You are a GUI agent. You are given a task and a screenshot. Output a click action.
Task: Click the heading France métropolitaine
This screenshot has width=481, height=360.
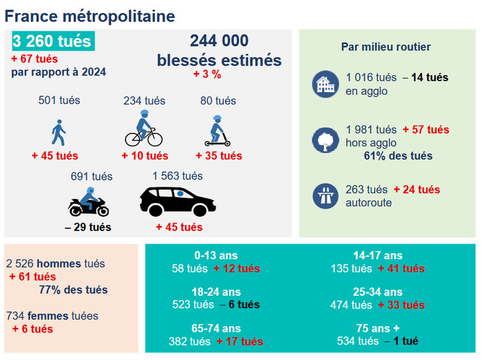[x=89, y=15]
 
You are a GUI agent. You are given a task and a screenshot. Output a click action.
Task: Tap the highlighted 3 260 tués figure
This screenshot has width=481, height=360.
[x=53, y=42]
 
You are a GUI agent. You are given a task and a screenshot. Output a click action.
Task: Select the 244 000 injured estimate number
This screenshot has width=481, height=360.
[x=219, y=41]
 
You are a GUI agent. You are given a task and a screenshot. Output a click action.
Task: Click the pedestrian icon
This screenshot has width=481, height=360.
[x=59, y=132]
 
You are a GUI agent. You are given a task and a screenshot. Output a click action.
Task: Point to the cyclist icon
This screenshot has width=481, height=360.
[x=143, y=129]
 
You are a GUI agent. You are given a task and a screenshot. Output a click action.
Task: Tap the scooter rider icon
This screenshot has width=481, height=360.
[x=218, y=130]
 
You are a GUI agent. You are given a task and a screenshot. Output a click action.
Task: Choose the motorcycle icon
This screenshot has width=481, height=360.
[x=89, y=202]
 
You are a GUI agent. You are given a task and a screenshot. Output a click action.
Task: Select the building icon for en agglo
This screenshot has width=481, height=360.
[x=325, y=84]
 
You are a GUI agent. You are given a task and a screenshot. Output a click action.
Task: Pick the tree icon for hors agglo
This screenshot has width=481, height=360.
[x=325, y=140]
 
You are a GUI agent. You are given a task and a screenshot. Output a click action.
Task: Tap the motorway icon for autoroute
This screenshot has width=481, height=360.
[x=325, y=196]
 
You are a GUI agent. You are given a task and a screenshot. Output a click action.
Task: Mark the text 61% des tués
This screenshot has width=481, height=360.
[x=398, y=156]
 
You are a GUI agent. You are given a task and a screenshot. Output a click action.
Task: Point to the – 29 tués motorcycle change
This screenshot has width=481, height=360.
[x=88, y=226]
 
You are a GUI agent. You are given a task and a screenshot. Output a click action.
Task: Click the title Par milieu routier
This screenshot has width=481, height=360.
[x=385, y=47]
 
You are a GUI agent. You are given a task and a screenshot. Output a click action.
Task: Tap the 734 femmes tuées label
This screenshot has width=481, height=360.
[x=53, y=316]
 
